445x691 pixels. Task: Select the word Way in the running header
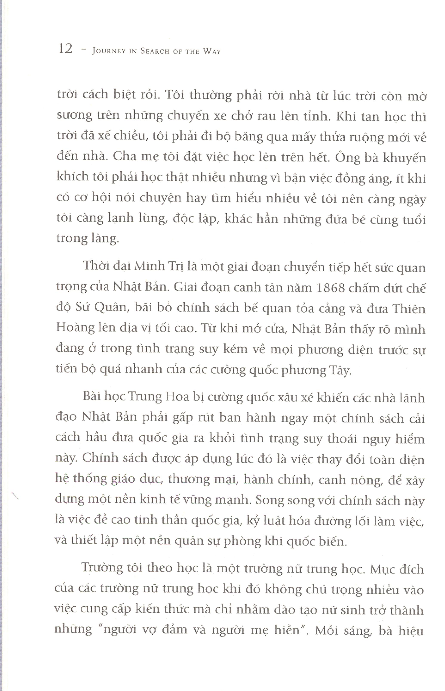(x=212, y=51)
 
